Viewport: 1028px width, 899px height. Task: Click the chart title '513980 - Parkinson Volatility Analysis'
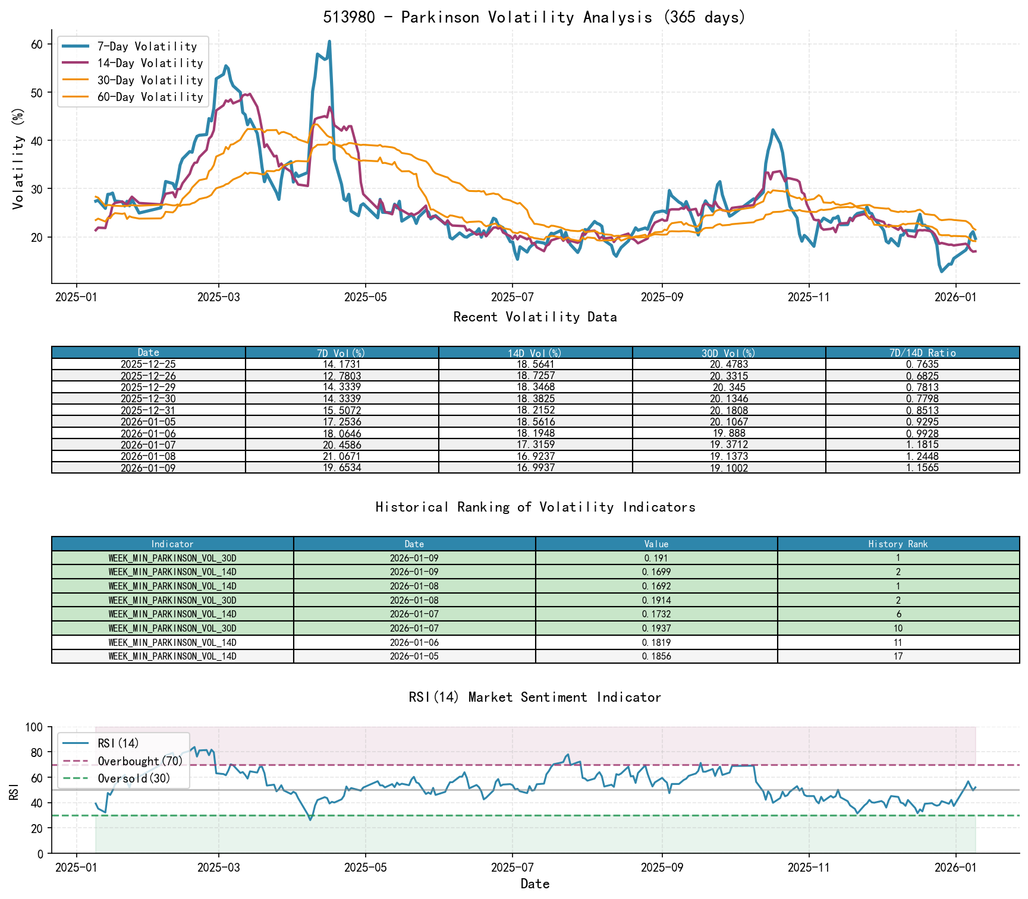click(534, 17)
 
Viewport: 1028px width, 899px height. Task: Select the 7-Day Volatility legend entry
click(147, 46)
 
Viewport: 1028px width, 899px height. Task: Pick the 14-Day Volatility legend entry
click(150, 63)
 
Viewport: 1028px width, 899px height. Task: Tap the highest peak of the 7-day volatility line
click(329, 42)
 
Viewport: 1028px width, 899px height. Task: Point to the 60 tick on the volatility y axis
click(37, 45)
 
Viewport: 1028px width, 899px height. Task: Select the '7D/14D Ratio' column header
click(922, 353)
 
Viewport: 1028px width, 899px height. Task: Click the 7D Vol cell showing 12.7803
click(342, 376)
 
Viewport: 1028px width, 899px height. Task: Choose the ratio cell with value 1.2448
click(922, 456)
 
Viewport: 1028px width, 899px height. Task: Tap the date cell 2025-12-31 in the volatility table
click(148, 411)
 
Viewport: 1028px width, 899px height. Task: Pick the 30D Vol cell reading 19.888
click(729, 434)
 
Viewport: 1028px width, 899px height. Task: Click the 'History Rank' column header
click(898, 544)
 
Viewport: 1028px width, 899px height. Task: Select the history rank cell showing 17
click(898, 657)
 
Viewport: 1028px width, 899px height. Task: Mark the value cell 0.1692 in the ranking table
click(656, 586)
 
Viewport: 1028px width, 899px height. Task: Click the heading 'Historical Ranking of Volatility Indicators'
click(535, 507)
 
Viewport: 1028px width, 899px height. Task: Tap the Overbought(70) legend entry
click(140, 761)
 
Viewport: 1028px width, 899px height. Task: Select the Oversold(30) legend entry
click(134, 778)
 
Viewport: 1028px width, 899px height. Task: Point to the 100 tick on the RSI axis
click(34, 727)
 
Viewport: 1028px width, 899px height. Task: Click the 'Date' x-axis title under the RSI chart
click(535, 884)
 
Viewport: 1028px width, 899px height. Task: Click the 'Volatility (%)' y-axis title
click(18, 159)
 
